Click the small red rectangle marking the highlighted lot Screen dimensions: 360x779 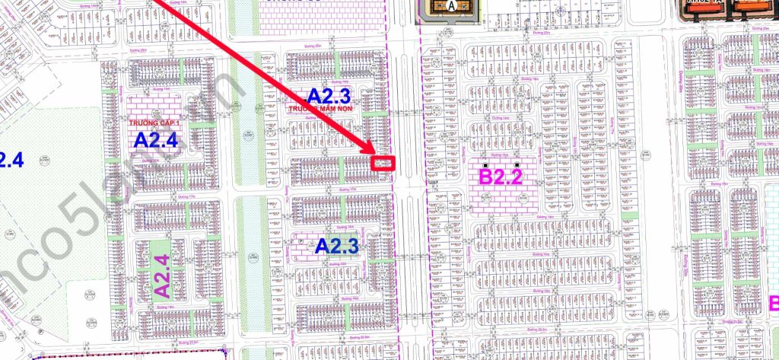point(385,163)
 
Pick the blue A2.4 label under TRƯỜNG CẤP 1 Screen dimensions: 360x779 point(156,140)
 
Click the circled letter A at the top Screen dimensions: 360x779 point(454,5)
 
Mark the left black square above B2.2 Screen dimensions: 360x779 point(487,165)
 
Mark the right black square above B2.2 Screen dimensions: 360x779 point(518,165)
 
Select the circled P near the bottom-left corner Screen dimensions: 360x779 point(40,332)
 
